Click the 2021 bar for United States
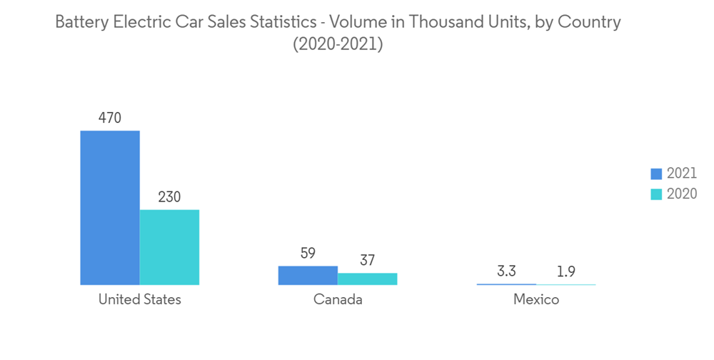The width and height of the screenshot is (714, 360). click(x=110, y=208)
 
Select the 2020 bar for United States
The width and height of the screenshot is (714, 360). click(x=169, y=247)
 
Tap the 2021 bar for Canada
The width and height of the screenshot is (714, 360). click(x=308, y=275)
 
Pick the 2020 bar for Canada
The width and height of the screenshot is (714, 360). click(x=367, y=279)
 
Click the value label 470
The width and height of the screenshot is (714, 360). click(x=109, y=118)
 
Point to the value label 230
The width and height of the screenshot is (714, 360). click(x=169, y=197)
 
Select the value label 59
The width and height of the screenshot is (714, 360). click(x=308, y=253)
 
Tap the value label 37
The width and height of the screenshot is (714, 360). click(x=367, y=260)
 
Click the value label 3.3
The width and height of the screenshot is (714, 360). click(x=506, y=271)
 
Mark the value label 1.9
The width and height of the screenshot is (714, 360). click(x=565, y=271)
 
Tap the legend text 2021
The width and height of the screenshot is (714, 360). click(x=681, y=174)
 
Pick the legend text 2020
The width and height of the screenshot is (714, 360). click(x=681, y=194)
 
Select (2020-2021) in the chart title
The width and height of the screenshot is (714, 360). click(x=338, y=44)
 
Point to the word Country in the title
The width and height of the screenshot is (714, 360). click(x=590, y=23)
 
